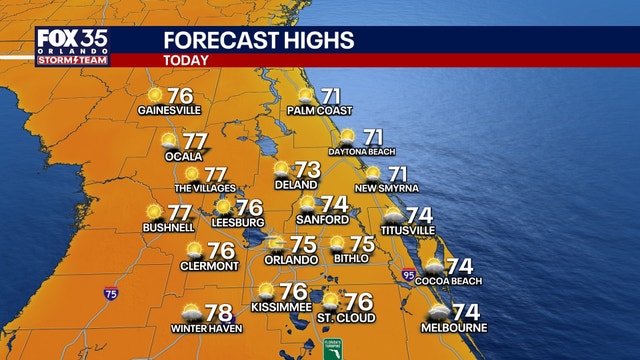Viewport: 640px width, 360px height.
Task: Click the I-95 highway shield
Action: click(x=408, y=273)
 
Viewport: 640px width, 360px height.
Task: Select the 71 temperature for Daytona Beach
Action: click(x=373, y=136)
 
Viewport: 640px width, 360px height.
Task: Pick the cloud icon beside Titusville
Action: click(x=392, y=215)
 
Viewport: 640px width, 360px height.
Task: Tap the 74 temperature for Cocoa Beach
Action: click(x=460, y=266)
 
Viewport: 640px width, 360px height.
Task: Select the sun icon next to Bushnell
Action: click(x=153, y=212)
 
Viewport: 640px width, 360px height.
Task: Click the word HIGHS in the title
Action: click(x=312, y=40)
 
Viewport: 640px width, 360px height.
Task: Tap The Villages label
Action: click(x=205, y=188)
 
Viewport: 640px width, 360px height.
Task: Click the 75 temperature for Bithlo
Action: click(x=362, y=243)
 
